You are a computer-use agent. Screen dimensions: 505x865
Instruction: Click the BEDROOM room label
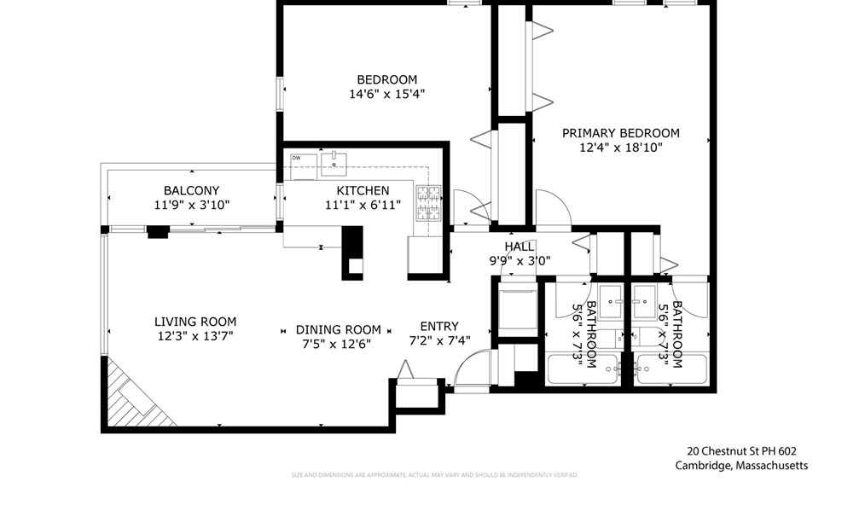pos(386,80)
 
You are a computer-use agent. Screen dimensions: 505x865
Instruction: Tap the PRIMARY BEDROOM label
pos(620,133)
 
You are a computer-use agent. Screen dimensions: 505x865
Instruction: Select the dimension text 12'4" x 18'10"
pos(620,148)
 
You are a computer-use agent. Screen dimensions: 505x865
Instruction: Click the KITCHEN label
pos(363,190)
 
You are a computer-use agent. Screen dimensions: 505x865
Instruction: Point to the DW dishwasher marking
pos(296,158)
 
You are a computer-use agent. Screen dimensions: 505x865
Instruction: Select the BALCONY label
pos(191,190)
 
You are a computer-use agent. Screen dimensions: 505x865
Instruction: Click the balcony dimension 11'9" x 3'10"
pos(191,205)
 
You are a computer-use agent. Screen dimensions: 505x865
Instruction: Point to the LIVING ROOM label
pos(195,322)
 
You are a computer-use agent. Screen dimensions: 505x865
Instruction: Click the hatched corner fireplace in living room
pos(132,397)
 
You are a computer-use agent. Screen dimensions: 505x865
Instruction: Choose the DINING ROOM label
pos(338,329)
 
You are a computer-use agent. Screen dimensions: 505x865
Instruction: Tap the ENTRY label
pos(439,326)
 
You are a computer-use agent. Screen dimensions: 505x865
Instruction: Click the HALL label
pos(519,247)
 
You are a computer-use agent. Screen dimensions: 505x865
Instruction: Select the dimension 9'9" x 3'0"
pos(519,261)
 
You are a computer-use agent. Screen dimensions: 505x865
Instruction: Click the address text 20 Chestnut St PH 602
pos(741,451)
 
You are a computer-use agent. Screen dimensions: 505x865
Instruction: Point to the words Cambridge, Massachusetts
pos(741,466)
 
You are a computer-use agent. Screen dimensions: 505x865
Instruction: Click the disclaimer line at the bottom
pos(434,475)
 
